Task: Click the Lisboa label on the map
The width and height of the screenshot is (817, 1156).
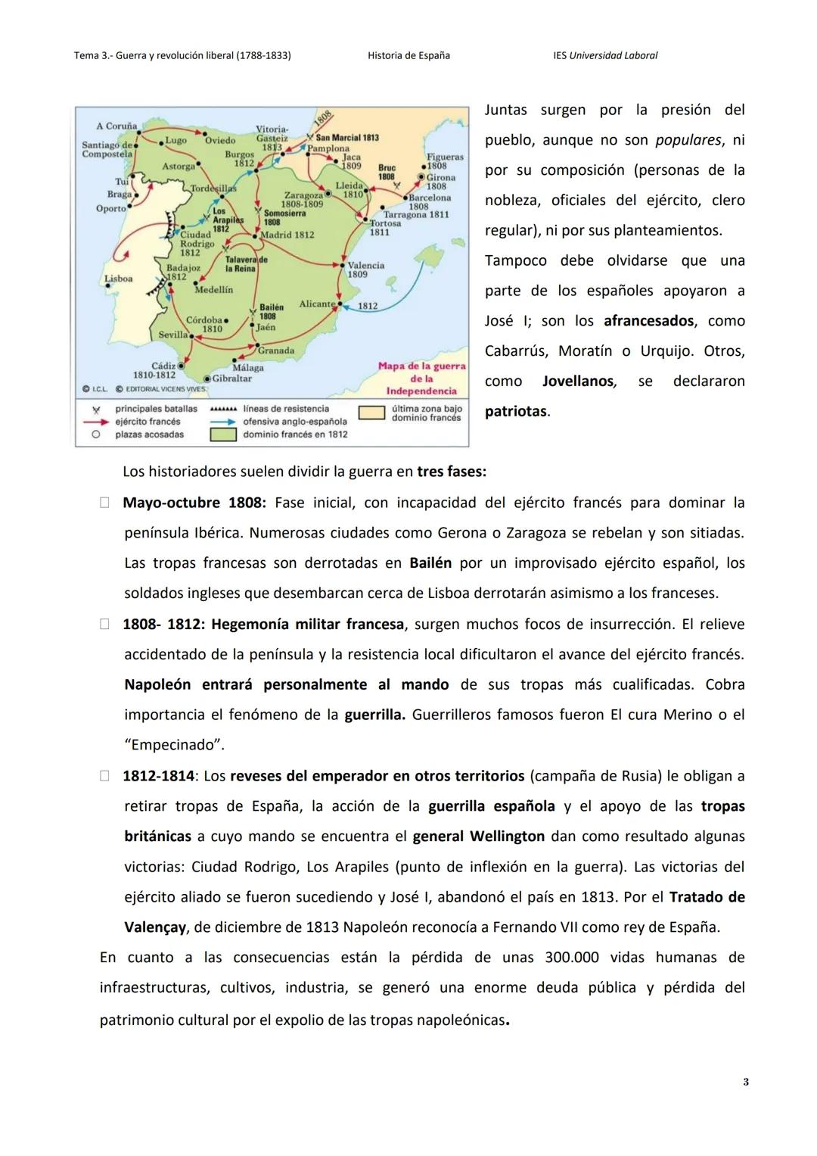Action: (x=118, y=279)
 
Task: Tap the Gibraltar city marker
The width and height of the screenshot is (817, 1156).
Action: (x=207, y=378)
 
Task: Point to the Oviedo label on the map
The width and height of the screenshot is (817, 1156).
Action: (x=220, y=140)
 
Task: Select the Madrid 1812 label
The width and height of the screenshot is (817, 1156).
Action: (x=287, y=235)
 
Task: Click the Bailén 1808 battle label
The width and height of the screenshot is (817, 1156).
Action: (x=271, y=311)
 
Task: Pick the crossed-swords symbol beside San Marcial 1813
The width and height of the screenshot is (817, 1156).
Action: (x=310, y=138)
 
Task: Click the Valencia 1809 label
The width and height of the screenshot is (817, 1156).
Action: (x=365, y=270)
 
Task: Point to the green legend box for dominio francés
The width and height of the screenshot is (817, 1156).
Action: (x=225, y=435)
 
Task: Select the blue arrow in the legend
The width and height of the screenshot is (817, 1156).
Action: (x=224, y=422)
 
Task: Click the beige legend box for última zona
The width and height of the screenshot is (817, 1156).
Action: (x=371, y=413)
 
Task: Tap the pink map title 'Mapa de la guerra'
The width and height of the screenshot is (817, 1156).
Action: (x=421, y=366)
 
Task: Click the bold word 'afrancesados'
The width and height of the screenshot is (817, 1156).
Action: (x=648, y=321)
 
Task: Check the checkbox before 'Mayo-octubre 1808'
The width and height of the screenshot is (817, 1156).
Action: (x=104, y=503)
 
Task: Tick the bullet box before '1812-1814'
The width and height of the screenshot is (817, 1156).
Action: (x=104, y=776)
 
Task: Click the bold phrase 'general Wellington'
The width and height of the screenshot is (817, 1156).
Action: (x=478, y=837)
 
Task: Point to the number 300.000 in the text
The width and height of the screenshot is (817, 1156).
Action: (x=571, y=958)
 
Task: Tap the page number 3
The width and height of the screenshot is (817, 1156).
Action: (x=746, y=1082)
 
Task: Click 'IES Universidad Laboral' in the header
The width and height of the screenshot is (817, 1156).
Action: (x=605, y=55)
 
